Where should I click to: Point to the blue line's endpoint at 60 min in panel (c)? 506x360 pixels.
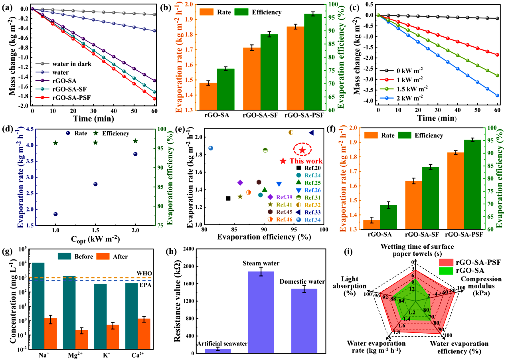497,95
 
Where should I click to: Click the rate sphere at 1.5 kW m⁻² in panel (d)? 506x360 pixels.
95,184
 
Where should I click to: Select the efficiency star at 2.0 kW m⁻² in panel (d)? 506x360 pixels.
135,141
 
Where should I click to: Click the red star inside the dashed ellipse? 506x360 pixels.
302,150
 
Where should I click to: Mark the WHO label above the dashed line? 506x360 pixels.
147,273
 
